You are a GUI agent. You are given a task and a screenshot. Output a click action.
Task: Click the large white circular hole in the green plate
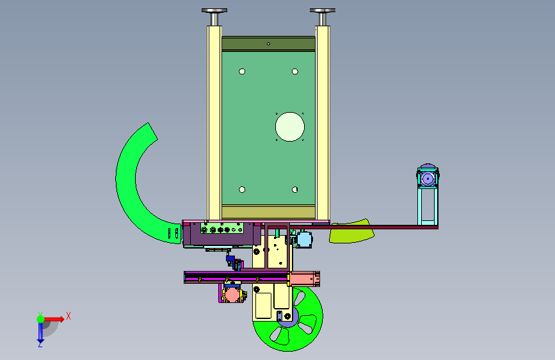pyautogui.click(x=290, y=127)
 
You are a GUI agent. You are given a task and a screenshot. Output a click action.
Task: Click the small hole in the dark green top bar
pyautogui.click(x=268, y=44)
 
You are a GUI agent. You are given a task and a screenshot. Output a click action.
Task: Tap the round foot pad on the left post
pyautogui.click(x=214, y=11)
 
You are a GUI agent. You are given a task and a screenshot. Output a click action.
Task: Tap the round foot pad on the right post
pyautogui.click(x=323, y=11)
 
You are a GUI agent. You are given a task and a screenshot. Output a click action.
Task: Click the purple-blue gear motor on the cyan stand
pyautogui.click(x=428, y=178)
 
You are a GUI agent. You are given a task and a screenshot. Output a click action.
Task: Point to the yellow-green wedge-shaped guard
pyautogui.click(x=351, y=231)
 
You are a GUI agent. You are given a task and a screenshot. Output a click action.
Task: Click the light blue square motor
pyautogui.click(x=305, y=240)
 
